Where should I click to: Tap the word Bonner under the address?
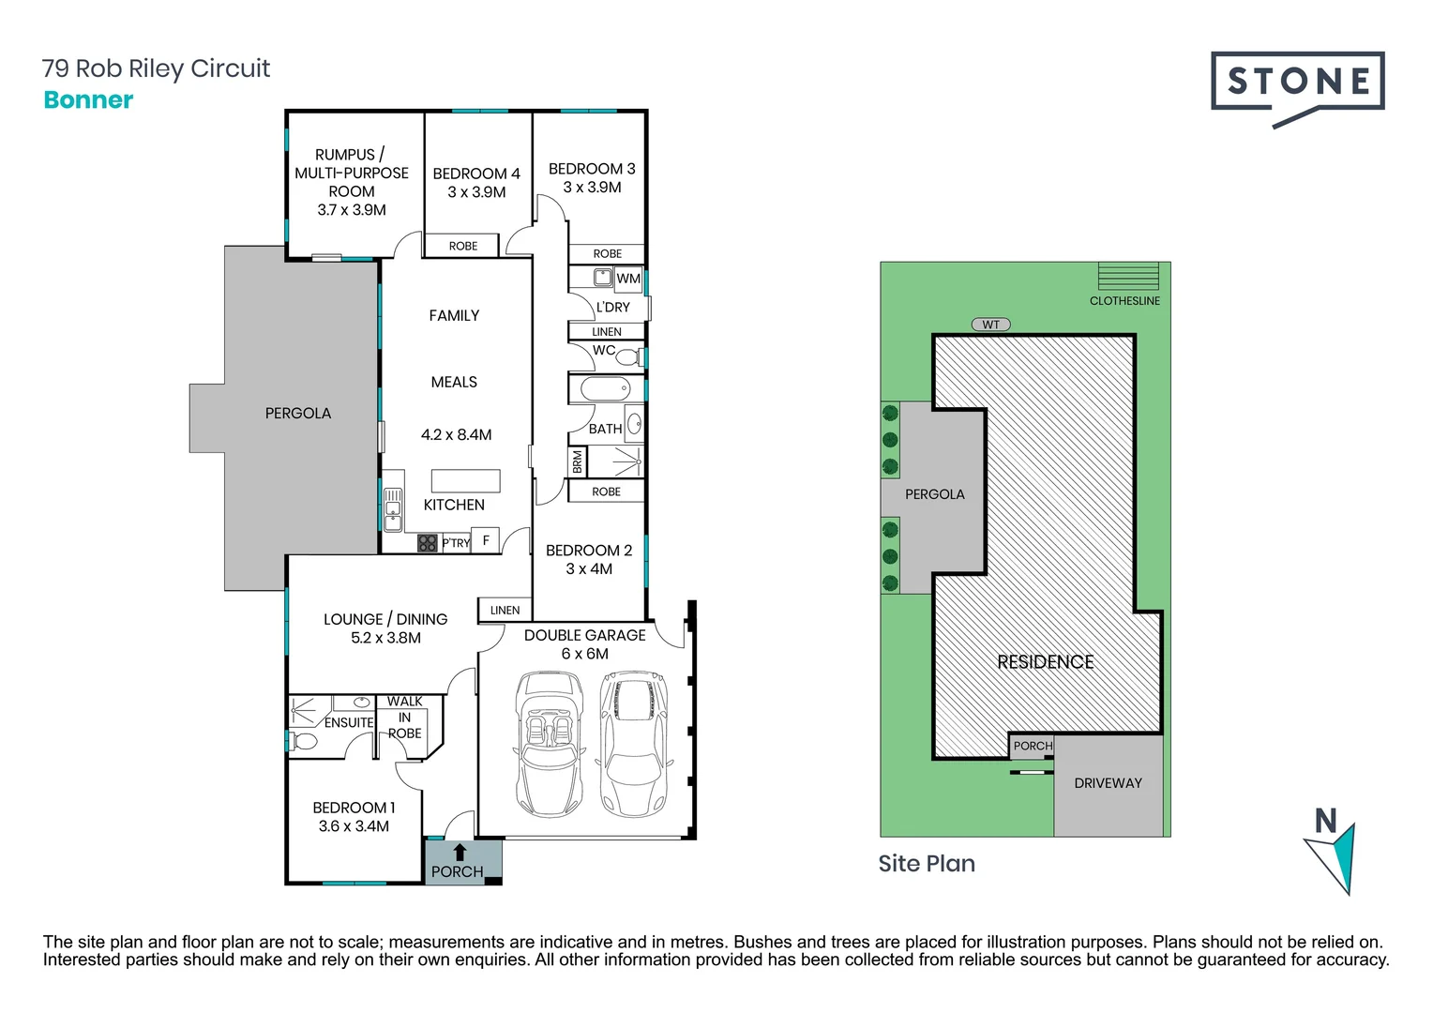pyautogui.click(x=88, y=100)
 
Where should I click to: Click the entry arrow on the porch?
pyautogui.click(x=460, y=852)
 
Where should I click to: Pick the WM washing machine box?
pyautogui.click(x=628, y=279)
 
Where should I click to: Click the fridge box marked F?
pyautogui.click(x=486, y=540)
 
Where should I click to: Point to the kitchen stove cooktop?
pyautogui.click(x=428, y=542)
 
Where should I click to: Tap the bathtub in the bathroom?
pyautogui.click(x=606, y=388)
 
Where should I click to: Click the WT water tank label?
pyautogui.click(x=991, y=325)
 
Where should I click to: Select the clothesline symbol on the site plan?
pyautogui.click(x=1128, y=277)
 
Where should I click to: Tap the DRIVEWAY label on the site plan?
pyautogui.click(x=1108, y=783)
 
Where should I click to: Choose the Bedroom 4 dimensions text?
pyautogui.click(x=476, y=192)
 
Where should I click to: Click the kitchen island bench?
pyautogui.click(x=465, y=480)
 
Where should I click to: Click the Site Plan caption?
pyautogui.click(x=927, y=864)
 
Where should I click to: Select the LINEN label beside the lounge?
pyautogui.click(x=505, y=611)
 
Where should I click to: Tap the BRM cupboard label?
pyautogui.click(x=578, y=461)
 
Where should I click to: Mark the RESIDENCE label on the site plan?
pyautogui.click(x=1046, y=662)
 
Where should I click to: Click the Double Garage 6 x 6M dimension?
pyautogui.click(x=584, y=654)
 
